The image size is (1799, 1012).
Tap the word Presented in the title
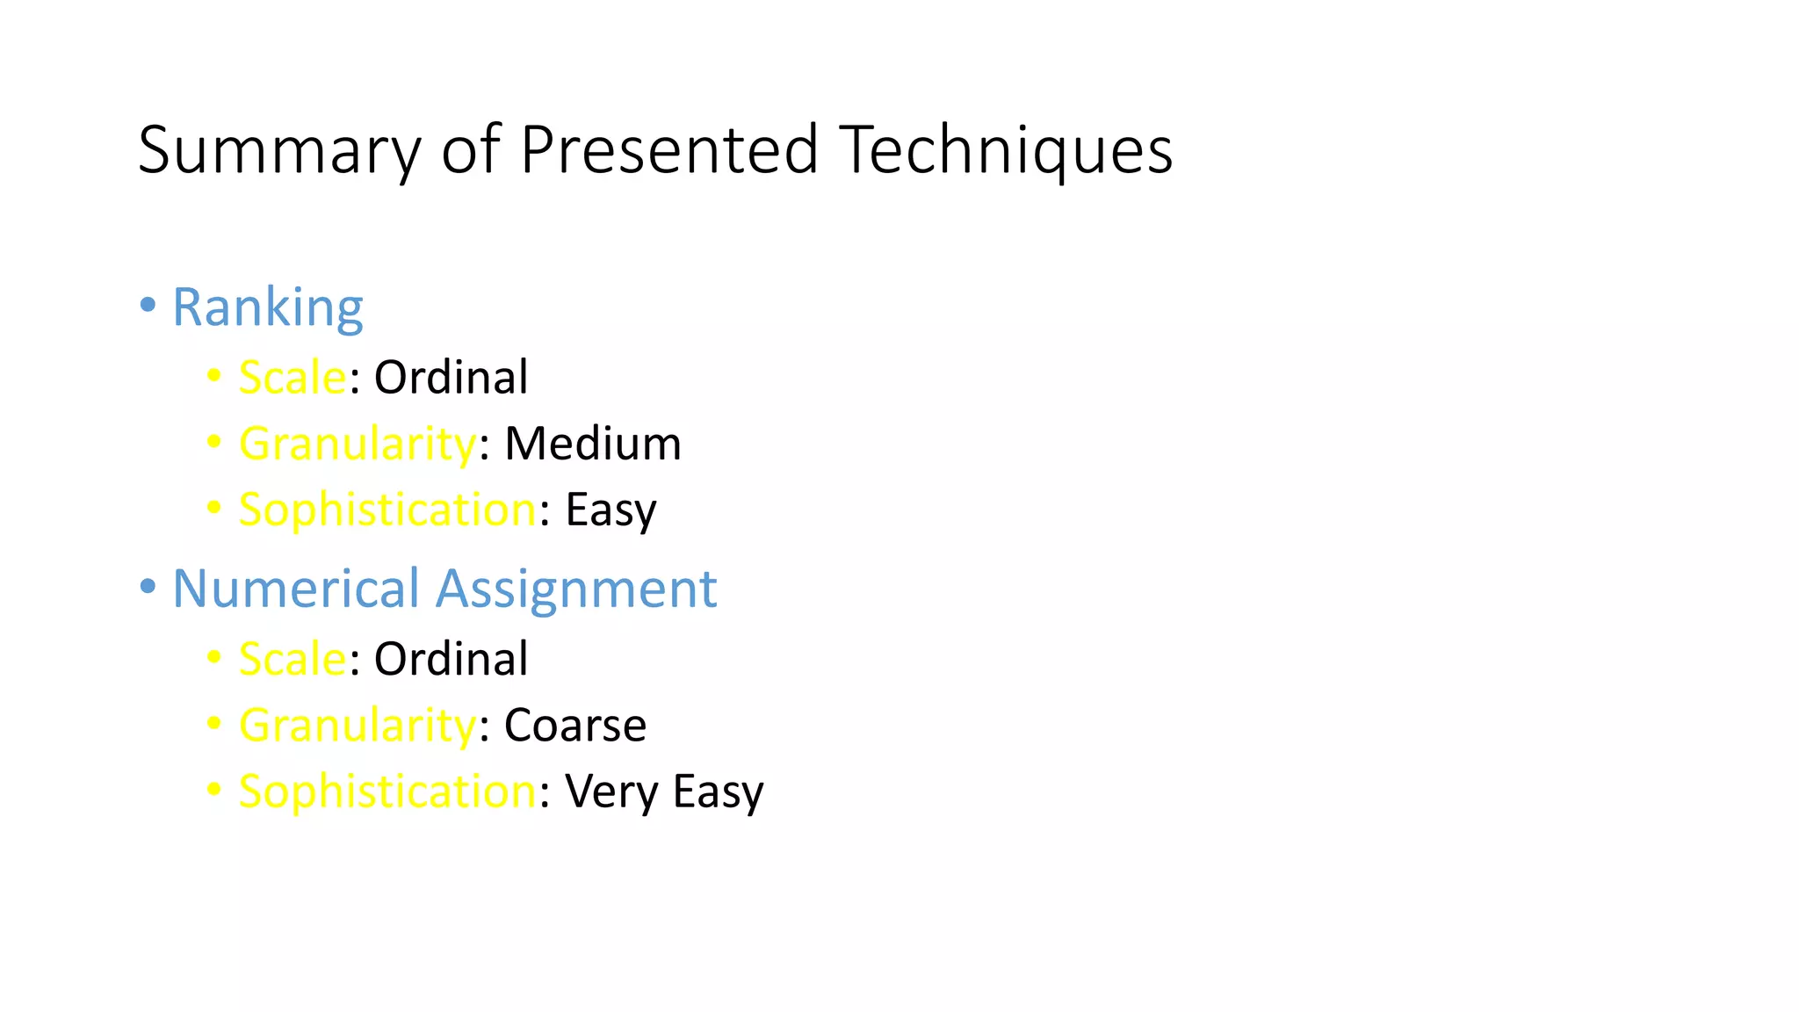[669, 149]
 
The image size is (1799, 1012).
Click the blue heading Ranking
[267, 307]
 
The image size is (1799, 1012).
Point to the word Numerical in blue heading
[296, 589]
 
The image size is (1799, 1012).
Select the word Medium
[593, 444]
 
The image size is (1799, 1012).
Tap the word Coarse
[575, 726]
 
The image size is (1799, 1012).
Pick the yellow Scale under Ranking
[293, 378]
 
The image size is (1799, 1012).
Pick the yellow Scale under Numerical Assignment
[293, 660]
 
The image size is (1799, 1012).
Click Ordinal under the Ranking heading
[451, 378]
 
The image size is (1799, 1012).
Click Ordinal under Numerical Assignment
[451, 660]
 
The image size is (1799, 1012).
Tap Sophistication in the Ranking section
[387, 510]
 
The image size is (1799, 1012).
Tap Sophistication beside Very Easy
[387, 792]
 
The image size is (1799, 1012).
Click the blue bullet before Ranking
[148, 306]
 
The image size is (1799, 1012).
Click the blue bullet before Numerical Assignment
[148, 587]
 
